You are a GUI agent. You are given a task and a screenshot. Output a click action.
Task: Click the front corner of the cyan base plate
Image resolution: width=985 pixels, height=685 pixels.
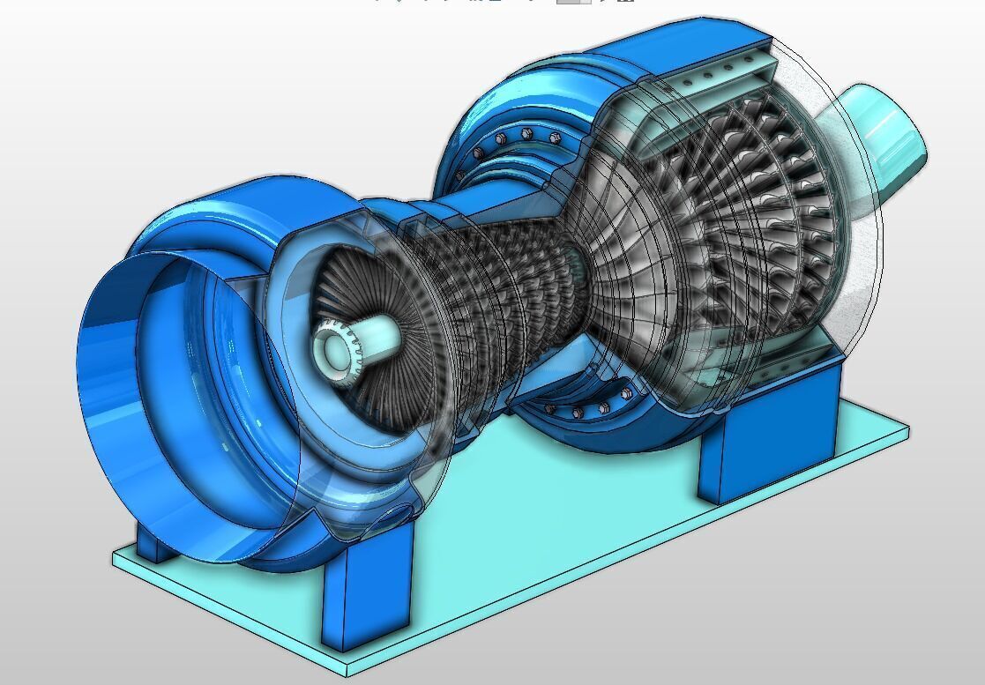[347, 675]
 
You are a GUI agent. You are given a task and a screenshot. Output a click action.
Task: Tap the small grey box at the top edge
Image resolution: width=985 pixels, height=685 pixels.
[573, 3]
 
